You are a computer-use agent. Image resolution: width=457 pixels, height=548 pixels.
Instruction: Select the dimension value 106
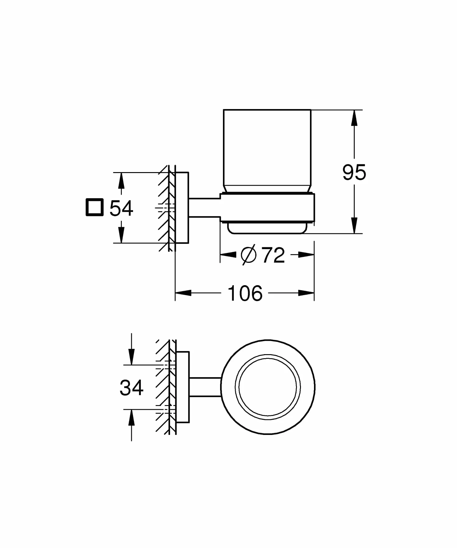coord(245,293)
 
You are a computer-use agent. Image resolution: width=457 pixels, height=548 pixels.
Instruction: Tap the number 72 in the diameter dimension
coord(273,255)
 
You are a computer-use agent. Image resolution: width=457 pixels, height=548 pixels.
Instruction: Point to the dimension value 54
coord(121,208)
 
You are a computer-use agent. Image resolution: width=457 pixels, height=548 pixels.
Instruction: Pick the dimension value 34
coord(131,388)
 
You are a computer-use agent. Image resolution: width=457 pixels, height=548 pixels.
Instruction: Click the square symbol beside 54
coord(95,207)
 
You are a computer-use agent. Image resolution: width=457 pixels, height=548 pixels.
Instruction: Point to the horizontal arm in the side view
coord(204,207)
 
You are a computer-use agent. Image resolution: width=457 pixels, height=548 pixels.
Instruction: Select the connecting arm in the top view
coord(205,387)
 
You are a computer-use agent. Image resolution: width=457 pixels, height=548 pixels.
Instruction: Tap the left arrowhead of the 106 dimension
coord(183,293)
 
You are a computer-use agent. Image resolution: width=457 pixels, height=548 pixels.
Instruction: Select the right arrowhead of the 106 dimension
coord(306,293)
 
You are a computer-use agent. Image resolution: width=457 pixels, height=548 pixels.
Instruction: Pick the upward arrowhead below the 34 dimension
coord(132,417)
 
